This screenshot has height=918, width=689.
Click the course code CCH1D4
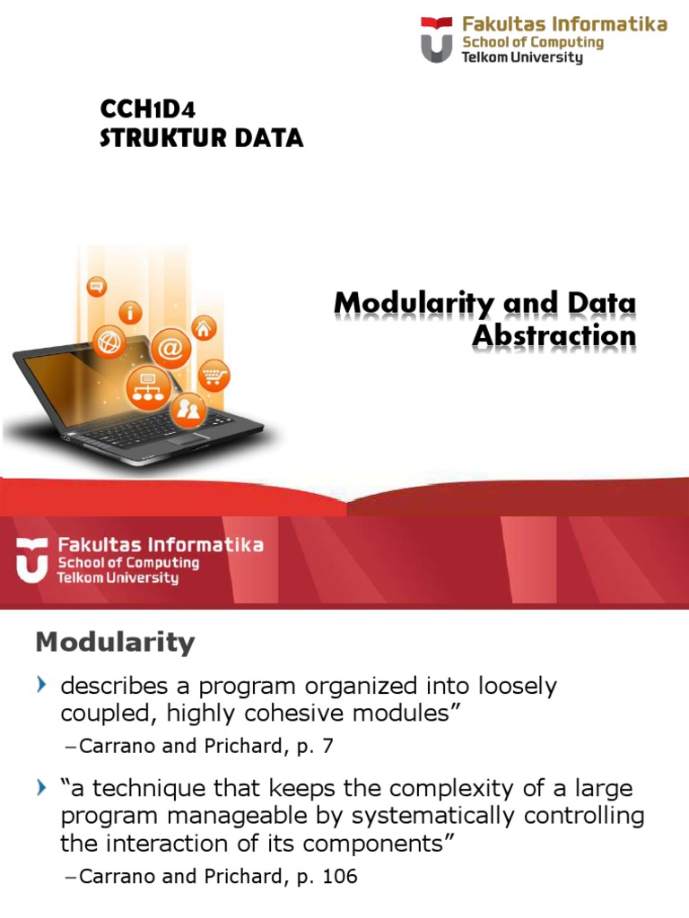147,109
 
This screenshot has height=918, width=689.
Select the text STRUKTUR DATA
201,138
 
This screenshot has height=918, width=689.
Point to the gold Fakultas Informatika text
564,24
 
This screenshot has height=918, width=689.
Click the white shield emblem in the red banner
32,560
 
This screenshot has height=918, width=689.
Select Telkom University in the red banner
118,578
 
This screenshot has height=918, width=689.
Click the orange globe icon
110,342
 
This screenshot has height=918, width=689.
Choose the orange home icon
204,328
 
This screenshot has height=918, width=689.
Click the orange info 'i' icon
133,313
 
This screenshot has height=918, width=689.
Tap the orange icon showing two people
189,410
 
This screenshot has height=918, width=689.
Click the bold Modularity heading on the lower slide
114,642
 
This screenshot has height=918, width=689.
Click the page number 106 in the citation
339,877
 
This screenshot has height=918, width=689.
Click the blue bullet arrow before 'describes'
41,687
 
